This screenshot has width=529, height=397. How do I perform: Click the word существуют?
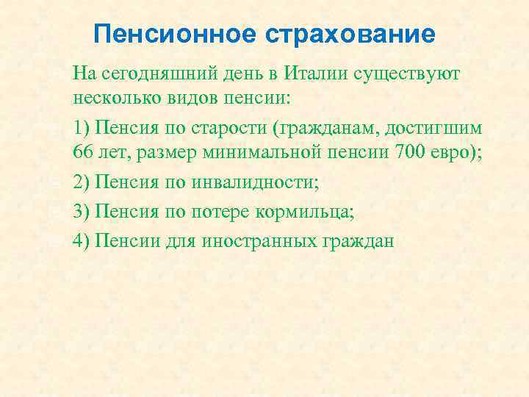click(417, 74)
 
